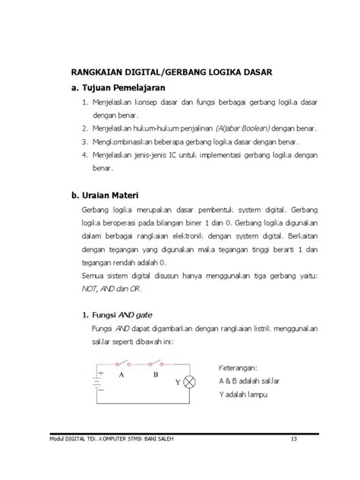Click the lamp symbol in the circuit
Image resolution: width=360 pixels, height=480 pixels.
coord(192,381)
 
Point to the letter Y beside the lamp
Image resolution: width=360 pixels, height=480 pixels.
coord(178,382)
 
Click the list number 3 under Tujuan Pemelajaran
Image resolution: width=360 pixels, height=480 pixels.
coord(84,141)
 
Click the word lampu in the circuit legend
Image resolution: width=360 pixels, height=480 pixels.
coord(259,396)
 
